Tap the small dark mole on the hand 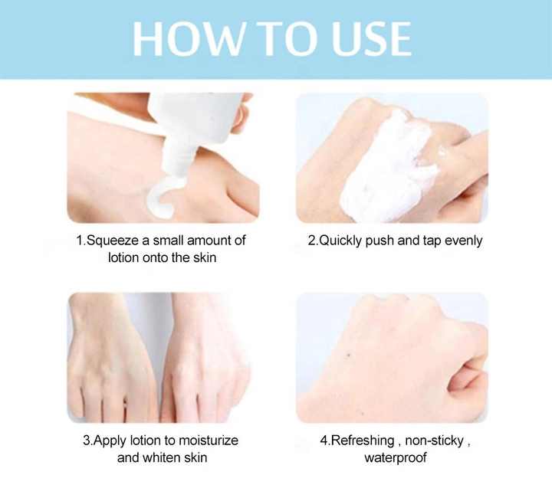click(349, 355)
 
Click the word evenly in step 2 click(463, 241)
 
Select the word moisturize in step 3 click(209, 441)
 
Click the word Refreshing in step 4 click(363, 441)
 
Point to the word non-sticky click(435, 441)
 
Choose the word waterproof click(396, 458)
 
